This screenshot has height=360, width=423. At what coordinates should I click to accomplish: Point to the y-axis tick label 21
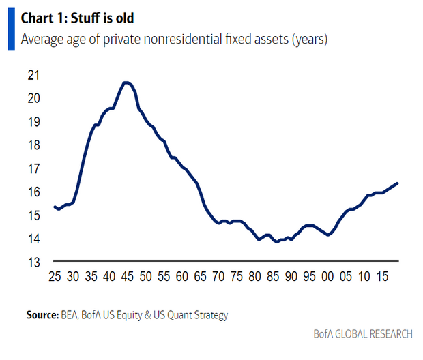(x=33, y=74)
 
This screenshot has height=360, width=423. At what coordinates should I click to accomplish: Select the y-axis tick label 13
(x=33, y=262)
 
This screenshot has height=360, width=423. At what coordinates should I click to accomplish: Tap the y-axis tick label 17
(x=33, y=168)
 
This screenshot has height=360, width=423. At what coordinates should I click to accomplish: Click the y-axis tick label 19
(x=33, y=121)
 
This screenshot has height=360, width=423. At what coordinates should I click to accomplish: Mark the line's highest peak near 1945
(x=126, y=82)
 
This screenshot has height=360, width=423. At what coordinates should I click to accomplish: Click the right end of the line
(x=397, y=183)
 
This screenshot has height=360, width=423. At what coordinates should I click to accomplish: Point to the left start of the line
(x=55, y=207)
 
